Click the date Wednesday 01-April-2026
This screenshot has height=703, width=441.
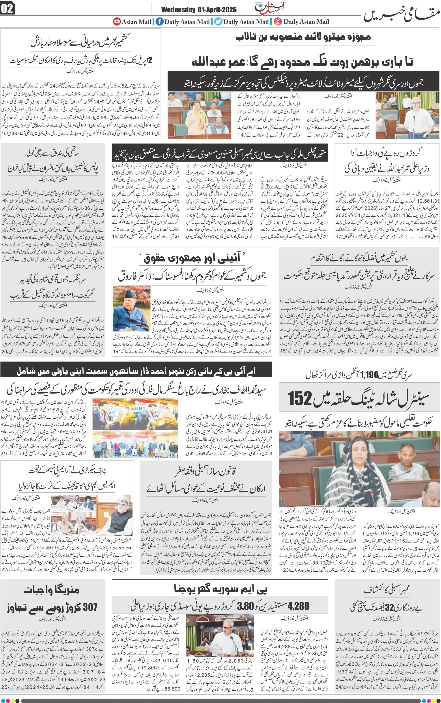pos(199,10)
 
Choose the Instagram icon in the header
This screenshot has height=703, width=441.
pos(278,21)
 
